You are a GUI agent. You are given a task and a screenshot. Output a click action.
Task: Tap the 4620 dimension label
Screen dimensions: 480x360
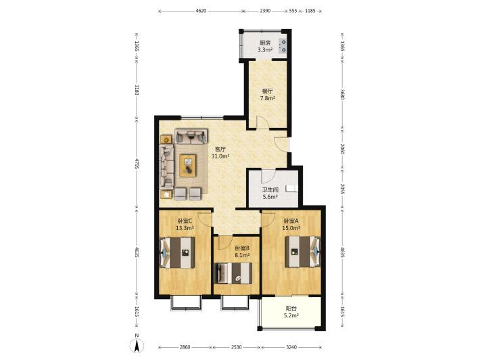201,11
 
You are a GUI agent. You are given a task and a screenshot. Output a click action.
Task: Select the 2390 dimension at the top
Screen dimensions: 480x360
265,11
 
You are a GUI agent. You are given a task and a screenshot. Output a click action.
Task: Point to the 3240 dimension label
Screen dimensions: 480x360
291,347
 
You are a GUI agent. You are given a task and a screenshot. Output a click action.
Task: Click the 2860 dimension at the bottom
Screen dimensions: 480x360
185,347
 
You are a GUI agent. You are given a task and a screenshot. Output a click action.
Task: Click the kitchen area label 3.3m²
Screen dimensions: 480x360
265,49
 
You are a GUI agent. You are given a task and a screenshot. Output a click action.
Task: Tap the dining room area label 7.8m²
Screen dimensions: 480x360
267,98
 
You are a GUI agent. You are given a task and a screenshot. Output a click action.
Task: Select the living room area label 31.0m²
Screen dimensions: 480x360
220,156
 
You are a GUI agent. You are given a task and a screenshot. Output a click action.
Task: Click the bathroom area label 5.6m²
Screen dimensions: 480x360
270,197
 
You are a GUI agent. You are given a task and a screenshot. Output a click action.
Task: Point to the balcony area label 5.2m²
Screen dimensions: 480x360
291,315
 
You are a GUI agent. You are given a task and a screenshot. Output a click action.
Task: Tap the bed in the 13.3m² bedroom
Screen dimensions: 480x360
177,253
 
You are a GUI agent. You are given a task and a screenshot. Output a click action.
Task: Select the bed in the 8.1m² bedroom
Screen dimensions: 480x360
233,273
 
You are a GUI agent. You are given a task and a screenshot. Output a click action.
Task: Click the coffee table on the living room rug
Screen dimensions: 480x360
188,165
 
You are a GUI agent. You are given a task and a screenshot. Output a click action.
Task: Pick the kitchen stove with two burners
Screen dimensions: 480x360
283,46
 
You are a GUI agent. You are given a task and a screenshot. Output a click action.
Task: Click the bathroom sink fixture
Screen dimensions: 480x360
291,188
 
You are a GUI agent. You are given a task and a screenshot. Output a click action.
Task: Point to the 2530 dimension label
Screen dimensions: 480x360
237,347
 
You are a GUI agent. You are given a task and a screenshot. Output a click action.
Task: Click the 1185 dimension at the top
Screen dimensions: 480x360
310,11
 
